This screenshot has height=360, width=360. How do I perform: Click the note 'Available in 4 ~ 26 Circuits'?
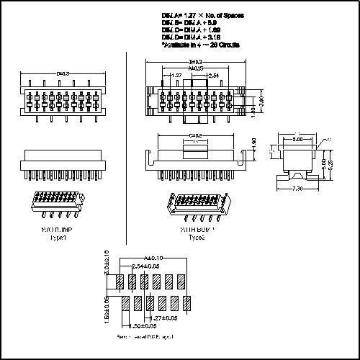pos(201,45)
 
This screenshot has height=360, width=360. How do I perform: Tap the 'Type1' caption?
pos(58,237)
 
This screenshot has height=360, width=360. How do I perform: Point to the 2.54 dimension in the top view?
pos(213,75)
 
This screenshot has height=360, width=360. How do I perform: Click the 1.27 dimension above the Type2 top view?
pos(175,75)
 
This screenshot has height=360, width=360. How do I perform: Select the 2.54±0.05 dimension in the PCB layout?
pos(146,266)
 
